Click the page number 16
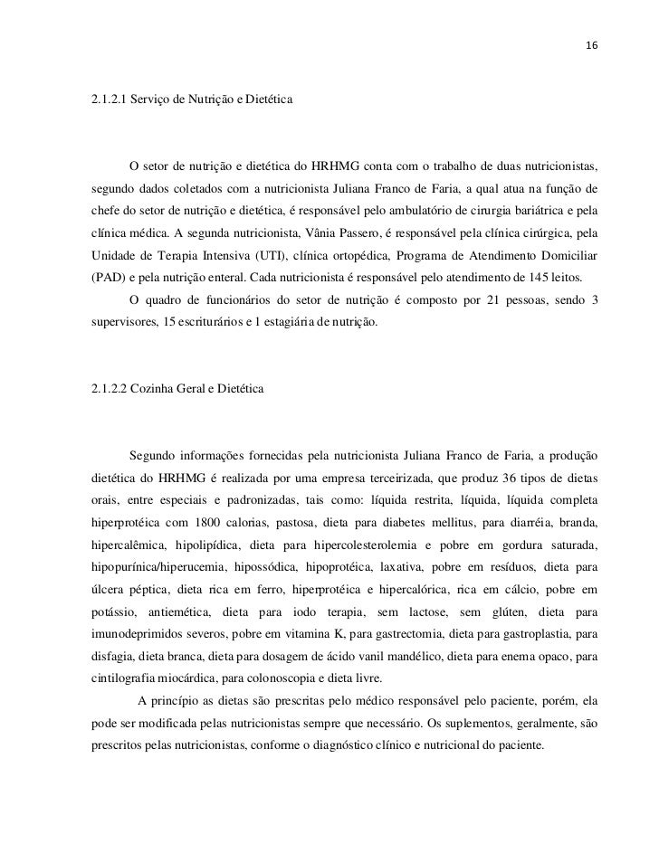(x=592, y=45)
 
